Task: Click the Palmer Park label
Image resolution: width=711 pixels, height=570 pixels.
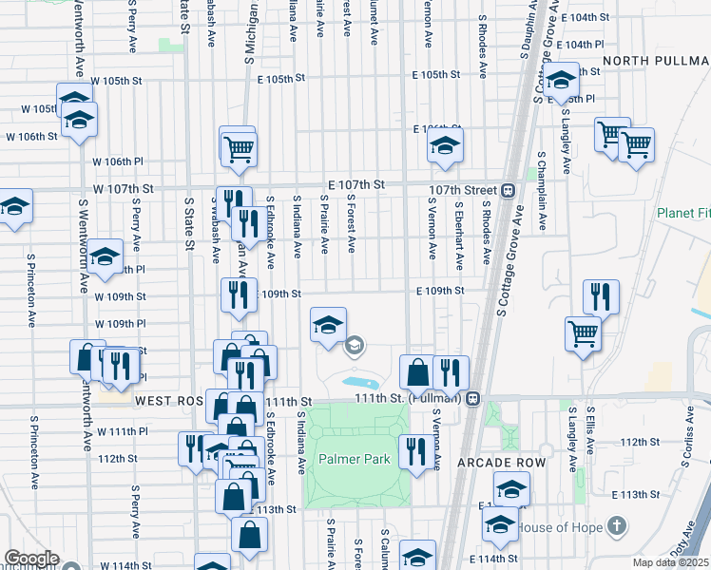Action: click(x=356, y=460)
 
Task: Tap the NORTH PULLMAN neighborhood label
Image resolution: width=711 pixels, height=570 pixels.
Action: click(x=655, y=60)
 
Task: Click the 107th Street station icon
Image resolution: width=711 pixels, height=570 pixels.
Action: click(x=509, y=189)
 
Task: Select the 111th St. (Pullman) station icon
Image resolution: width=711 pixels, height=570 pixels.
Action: click(x=471, y=398)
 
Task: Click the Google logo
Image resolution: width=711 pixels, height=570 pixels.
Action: click(x=30, y=559)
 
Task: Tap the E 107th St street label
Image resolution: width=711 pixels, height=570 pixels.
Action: click(x=355, y=183)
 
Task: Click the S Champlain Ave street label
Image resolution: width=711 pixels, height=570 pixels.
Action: click(x=542, y=190)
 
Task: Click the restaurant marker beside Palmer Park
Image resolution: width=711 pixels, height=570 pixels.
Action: click(x=413, y=452)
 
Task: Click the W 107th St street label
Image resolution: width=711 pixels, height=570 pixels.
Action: click(x=124, y=189)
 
